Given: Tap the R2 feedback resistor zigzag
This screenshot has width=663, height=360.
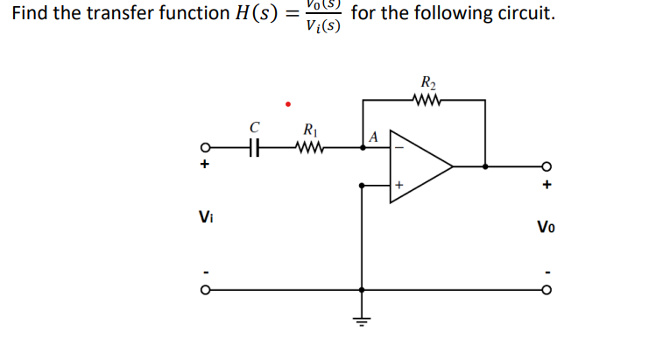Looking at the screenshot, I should (x=429, y=99).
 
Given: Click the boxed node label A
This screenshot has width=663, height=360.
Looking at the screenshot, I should (x=374, y=138).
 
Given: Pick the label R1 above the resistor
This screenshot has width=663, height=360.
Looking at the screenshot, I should (x=309, y=131).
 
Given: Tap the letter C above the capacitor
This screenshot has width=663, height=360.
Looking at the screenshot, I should (x=255, y=128).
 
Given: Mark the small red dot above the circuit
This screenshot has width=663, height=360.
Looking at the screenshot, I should (x=287, y=103).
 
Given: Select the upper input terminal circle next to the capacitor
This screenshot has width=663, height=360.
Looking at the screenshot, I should (x=206, y=148).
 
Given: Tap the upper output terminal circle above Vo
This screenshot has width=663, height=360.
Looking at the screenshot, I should (x=547, y=166).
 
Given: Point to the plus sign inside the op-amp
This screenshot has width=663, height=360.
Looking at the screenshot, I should (x=399, y=185).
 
